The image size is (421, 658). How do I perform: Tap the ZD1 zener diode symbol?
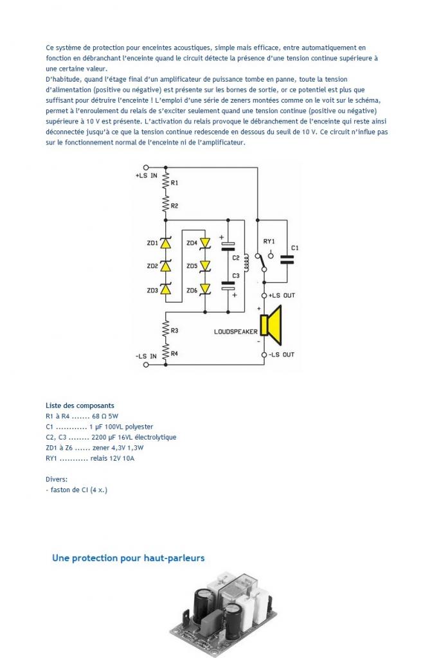click(x=166, y=242)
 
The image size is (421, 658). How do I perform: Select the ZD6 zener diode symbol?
click(x=205, y=289)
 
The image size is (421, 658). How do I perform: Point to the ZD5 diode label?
click(x=192, y=266)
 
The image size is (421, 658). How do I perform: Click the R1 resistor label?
click(x=174, y=183)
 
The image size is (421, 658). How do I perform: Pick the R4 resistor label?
click(x=174, y=354)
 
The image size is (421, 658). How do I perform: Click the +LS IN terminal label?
click(x=146, y=176)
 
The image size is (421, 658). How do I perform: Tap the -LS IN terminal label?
click(x=146, y=356)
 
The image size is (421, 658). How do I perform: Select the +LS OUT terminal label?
click(x=282, y=296)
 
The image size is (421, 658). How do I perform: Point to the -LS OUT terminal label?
click(x=282, y=355)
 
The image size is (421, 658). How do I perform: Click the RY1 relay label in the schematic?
click(x=269, y=242)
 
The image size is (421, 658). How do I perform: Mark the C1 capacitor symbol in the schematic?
click(x=287, y=260)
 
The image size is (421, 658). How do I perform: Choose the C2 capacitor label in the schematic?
click(x=235, y=258)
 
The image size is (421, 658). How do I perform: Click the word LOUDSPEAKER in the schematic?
click(x=235, y=332)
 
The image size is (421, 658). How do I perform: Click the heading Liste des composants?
click(x=80, y=406)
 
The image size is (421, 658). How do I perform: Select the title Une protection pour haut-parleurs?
click(x=129, y=558)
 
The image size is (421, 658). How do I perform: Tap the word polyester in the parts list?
click(x=139, y=427)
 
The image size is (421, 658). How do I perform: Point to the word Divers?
click(x=57, y=479)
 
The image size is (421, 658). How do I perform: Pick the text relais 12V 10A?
click(x=112, y=458)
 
